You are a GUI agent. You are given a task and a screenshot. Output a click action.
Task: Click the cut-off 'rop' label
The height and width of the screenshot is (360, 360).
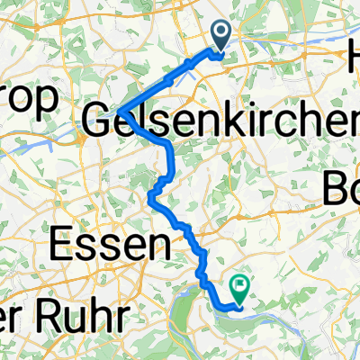point(29,95)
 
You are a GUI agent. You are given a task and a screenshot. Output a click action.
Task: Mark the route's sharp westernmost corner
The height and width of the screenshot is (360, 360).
point(115,111)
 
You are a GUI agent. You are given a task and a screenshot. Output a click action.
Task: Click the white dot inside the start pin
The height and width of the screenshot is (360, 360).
point(221,34)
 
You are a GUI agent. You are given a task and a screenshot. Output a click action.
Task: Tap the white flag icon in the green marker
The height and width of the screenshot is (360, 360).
point(240,286)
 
